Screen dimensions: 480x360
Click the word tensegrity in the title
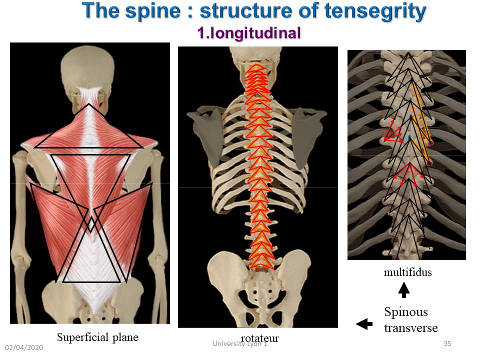375,11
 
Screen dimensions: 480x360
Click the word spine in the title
153,11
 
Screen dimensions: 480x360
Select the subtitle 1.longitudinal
249,33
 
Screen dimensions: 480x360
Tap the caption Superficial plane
97,337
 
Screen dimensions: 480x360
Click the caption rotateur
260,338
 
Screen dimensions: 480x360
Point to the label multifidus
408,272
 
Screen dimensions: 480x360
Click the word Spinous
406,312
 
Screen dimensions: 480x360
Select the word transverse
411,328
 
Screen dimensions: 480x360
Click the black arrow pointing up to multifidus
404,290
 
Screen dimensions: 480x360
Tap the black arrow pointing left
364,324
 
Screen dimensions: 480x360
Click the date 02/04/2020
24,347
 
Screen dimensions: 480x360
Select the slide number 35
447,343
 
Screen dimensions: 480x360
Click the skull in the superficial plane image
87,69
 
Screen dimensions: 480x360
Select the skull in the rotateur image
255,56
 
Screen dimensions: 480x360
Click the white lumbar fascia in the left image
91,275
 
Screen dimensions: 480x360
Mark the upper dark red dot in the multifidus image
431,143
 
